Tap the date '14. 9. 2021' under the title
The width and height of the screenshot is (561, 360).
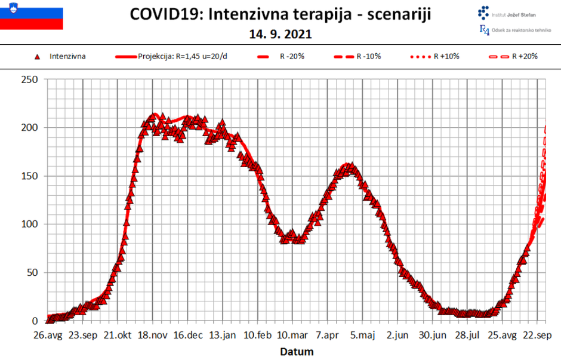pyautogui.click(x=280, y=35)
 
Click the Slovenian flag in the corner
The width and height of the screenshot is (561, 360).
pyautogui.click(x=31, y=19)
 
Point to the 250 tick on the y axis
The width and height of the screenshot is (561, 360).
pyautogui.click(x=29, y=79)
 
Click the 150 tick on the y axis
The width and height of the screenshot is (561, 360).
pyautogui.click(x=29, y=176)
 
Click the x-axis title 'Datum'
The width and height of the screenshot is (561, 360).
pyautogui.click(x=297, y=352)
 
